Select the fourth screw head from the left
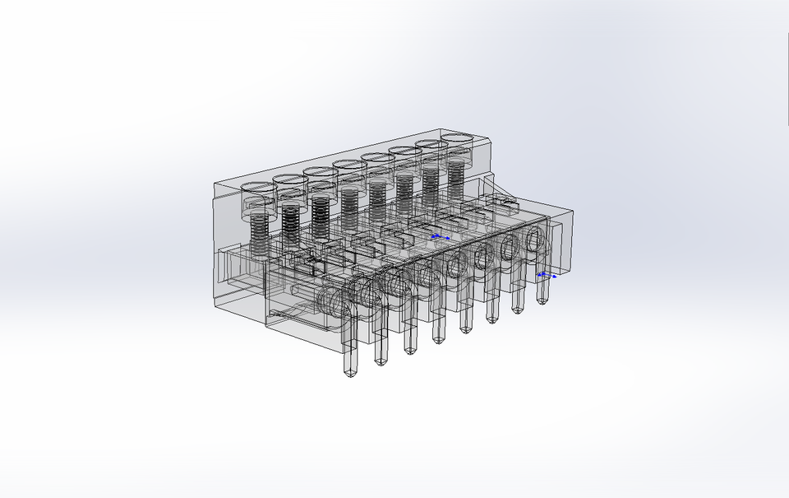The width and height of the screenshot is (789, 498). (x=349, y=166)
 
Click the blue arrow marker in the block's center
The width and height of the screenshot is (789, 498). (x=440, y=237)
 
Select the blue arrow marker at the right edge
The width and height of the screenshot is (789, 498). (x=546, y=275)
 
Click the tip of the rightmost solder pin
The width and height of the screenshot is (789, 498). (x=542, y=300)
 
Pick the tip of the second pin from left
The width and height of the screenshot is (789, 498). (x=380, y=361)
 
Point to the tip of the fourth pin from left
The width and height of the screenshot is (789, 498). (x=438, y=338)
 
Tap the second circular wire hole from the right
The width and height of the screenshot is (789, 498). (x=510, y=249)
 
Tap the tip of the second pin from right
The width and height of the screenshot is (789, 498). (x=519, y=309)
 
